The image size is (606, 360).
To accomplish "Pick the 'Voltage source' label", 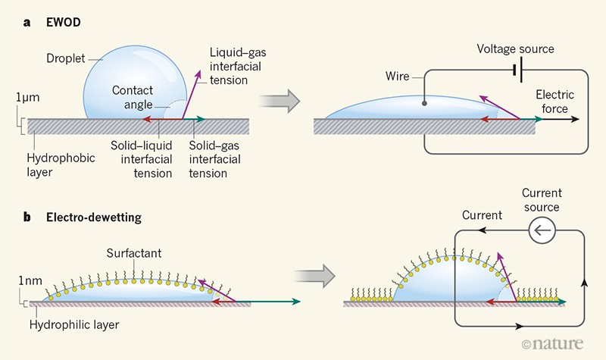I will (x=515, y=49).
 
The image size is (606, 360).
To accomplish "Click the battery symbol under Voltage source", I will (x=514, y=70).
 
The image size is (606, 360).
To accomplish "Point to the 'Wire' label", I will (x=398, y=77).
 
